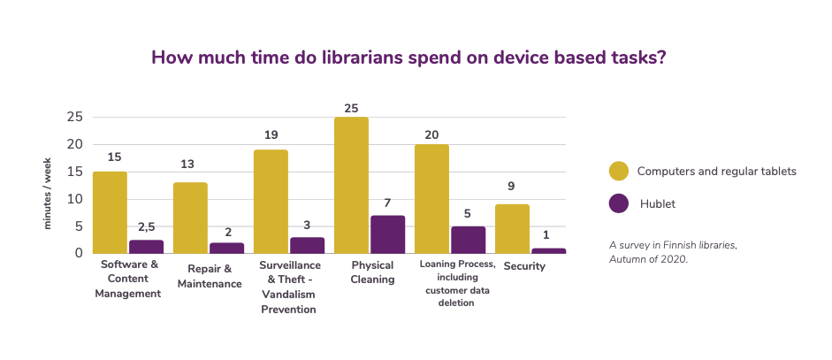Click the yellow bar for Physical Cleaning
click(x=351, y=185)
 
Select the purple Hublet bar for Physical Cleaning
click(x=387, y=234)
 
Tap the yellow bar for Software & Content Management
click(x=110, y=212)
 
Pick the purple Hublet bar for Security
click(x=548, y=250)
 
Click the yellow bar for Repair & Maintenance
click(x=190, y=218)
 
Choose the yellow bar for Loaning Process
click(x=431, y=199)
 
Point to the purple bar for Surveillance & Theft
click(x=307, y=245)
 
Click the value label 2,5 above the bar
click(x=147, y=227)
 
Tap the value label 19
click(x=271, y=135)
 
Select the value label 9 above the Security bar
click(x=512, y=187)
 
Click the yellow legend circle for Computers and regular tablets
click(x=619, y=171)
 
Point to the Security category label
click(x=524, y=266)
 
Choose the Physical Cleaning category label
click(x=372, y=272)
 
